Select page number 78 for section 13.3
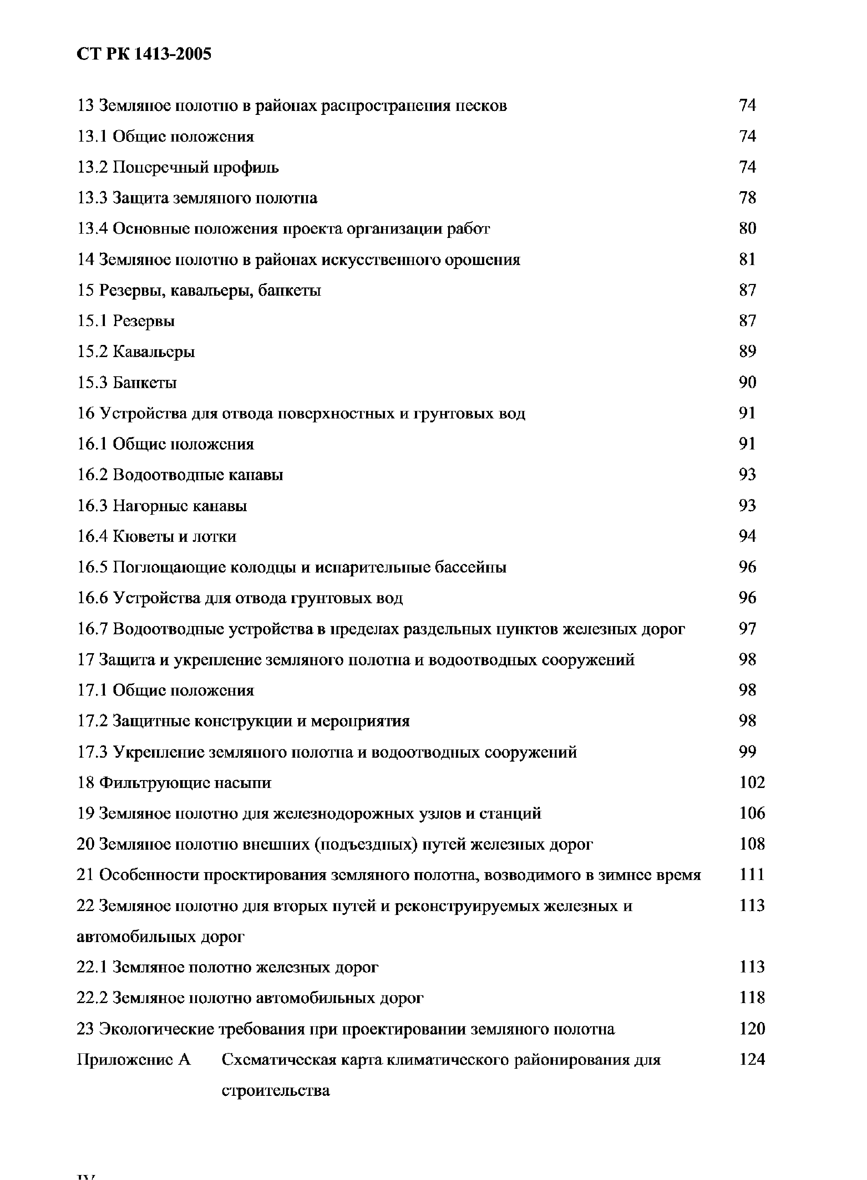pyautogui.click(x=747, y=198)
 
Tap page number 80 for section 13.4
pyautogui.click(x=747, y=228)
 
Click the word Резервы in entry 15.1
pyautogui.click(x=144, y=321)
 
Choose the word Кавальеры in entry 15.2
pyautogui.click(x=154, y=351)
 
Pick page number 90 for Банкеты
pyautogui.click(x=747, y=382)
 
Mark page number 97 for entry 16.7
pyautogui.click(x=747, y=629)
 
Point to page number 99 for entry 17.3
pyautogui.click(x=747, y=752)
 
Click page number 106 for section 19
pyautogui.click(x=752, y=813)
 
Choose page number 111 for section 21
pyautogui.click(x=752, y=875)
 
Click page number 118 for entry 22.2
pyautogui.click(x=752, y=997)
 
